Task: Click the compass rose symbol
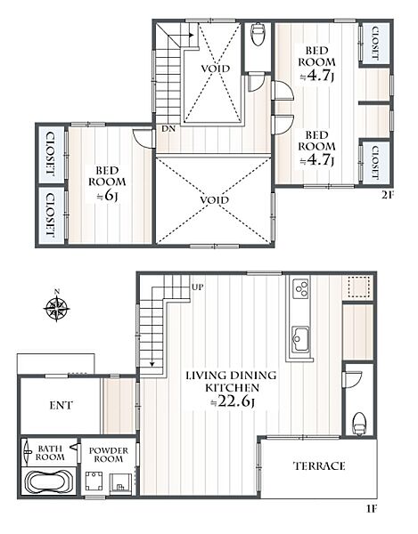57,308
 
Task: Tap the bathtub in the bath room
50,481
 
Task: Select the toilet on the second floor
257,34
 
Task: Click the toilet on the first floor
359,424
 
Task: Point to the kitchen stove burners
300,288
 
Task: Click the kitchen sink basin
301,339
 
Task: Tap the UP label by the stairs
198,287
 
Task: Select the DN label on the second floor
168,129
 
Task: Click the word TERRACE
319,465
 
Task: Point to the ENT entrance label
61,405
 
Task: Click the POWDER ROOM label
109,455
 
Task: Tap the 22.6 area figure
234,402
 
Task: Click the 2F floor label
388,195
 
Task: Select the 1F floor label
371,509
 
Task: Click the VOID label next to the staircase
215,69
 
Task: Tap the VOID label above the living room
214,200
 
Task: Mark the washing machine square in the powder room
94,481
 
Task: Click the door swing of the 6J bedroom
142,139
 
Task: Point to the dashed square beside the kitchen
358,287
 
